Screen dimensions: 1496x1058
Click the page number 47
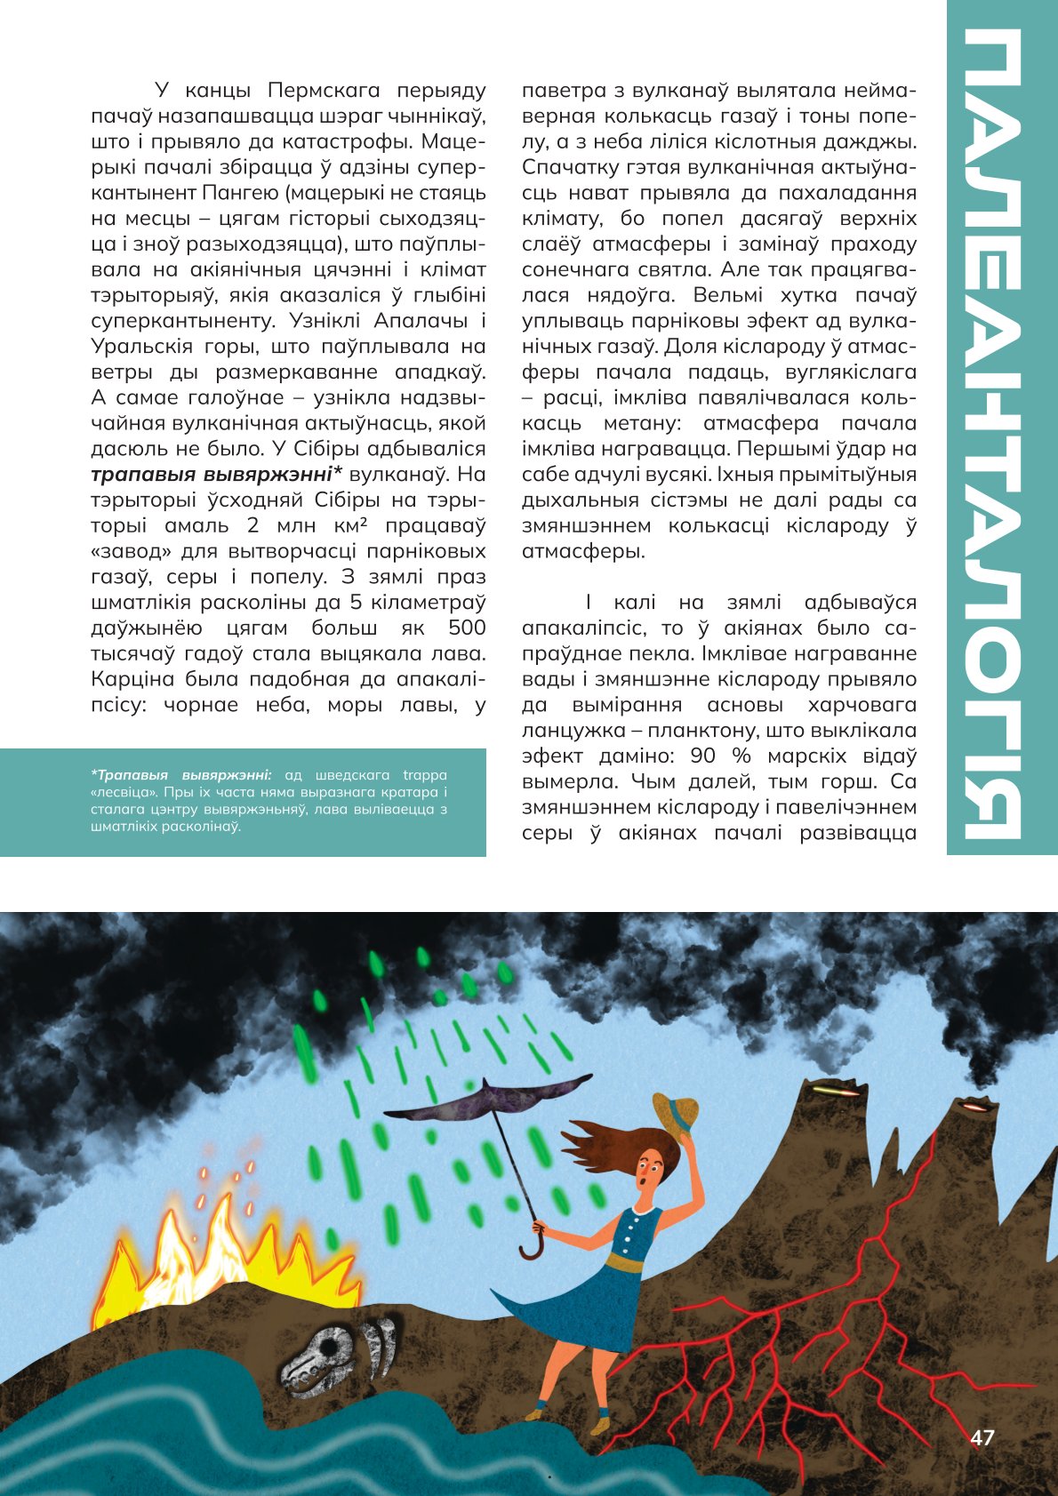click(x=982, y=1437)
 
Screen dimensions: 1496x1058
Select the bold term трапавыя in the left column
click(x=140, y=474)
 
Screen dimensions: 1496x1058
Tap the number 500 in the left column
click(x=467, y=628)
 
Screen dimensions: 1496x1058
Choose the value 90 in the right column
click(x=703, y=756)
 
